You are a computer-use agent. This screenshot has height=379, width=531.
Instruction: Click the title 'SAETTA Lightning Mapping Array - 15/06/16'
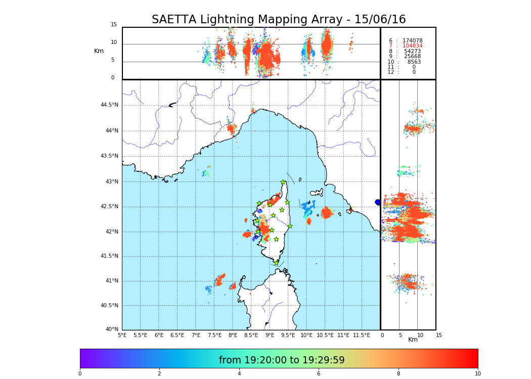pos(279,20)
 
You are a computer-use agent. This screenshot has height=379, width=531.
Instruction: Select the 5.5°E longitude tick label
pos(140,335)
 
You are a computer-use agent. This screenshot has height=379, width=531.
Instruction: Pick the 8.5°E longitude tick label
pos(251,335)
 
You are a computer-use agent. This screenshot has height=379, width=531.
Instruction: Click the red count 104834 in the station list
pos(412,46)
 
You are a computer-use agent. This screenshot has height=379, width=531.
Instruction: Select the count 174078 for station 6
pos(412,41)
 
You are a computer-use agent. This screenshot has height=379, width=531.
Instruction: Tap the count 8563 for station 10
pos(414,62)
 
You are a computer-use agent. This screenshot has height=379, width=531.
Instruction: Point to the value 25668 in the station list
pos(412,57)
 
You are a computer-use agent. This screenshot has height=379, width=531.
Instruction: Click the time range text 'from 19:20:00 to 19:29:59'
pos(282,360)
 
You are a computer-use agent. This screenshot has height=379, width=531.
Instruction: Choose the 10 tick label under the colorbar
pos(477,374)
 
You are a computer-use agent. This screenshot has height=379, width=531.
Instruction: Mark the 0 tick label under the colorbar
pos(80,374)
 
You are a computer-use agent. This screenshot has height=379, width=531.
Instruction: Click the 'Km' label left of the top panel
pos(99,51)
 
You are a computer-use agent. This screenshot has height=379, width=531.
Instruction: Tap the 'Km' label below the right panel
pos(413,340)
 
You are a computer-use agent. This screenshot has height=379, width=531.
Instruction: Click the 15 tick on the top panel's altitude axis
pos(114,25)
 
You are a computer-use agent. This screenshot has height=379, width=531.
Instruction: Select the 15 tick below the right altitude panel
pos(438,335)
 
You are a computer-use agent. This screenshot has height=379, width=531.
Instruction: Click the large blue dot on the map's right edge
pos(378,202)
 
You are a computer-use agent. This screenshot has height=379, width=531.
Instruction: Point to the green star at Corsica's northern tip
pos(283,182)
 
